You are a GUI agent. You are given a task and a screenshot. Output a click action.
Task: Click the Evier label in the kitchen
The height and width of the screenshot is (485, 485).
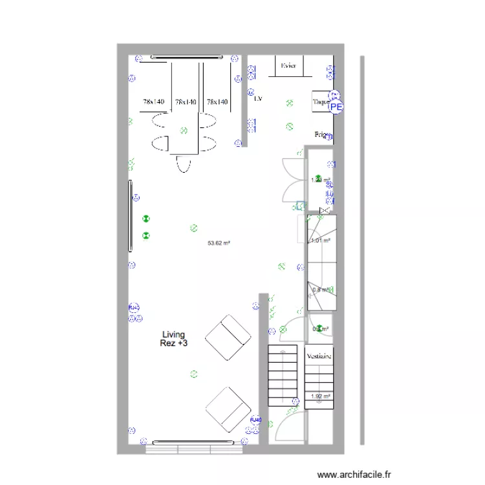288,65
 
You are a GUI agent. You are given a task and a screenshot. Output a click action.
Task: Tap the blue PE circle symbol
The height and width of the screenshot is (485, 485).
337,108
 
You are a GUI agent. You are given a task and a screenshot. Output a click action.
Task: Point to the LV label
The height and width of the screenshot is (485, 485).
259,99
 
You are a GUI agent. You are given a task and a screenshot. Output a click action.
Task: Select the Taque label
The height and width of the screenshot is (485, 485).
320,102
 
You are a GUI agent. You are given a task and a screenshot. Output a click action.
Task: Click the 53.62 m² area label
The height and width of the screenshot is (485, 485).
219,244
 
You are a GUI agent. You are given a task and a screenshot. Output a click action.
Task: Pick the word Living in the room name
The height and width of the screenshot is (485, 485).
173,334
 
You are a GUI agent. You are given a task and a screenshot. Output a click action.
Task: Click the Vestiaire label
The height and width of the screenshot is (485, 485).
319,356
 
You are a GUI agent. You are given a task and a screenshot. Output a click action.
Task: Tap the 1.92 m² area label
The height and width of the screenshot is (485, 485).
321,396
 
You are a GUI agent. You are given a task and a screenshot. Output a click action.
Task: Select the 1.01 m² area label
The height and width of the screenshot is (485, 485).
321,241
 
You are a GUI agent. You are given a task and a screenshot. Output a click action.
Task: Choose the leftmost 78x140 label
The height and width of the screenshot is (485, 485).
154,102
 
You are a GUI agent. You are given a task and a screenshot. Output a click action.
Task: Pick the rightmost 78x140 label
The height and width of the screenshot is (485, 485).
218,102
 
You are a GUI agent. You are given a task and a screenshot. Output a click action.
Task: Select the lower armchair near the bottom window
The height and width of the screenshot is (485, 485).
228,409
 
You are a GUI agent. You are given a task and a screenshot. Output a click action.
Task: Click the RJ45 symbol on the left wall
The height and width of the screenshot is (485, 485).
134,307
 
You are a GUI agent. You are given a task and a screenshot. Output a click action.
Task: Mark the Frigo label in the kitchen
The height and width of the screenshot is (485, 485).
321,135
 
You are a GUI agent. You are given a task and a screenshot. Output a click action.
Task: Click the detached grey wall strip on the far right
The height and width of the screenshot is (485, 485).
362,250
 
